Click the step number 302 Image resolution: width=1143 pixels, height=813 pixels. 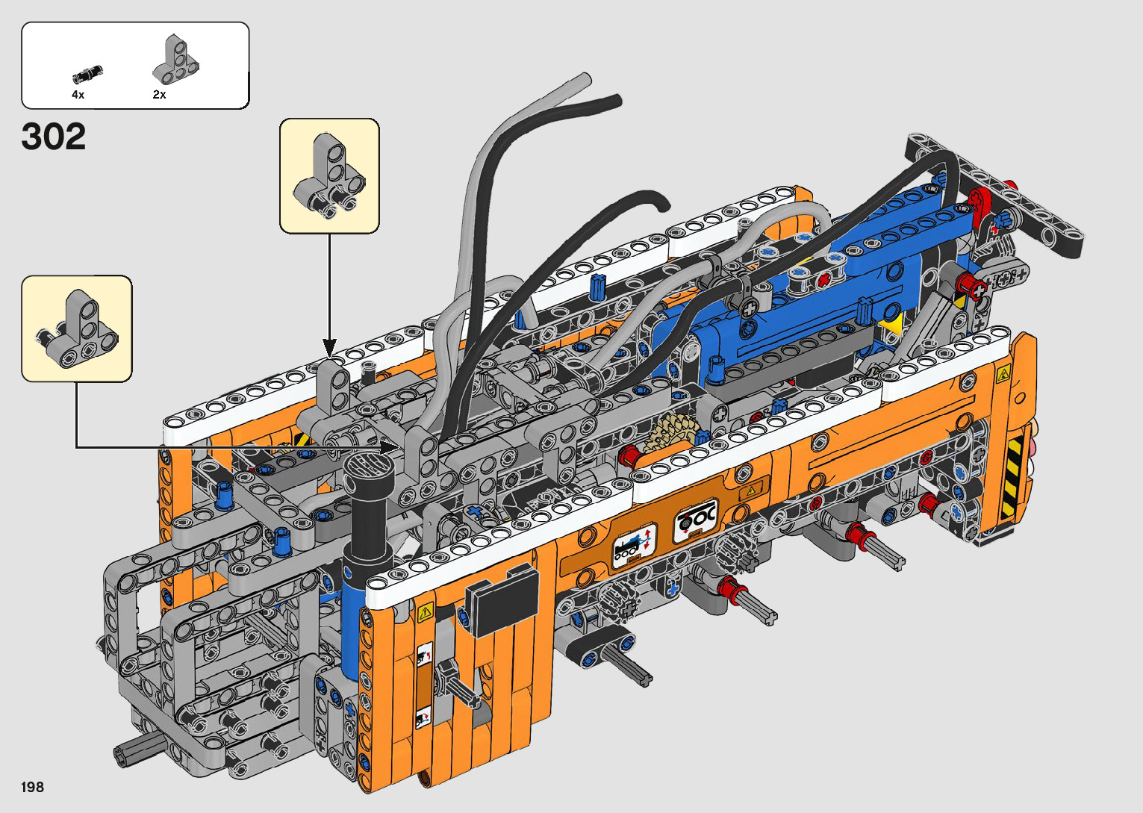(54, 137)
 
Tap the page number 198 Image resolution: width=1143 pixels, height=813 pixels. (33, 787)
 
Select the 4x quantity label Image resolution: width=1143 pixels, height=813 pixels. (78, 94)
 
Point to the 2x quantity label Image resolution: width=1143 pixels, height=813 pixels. (159, 94)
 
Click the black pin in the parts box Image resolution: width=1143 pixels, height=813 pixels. (87, 74)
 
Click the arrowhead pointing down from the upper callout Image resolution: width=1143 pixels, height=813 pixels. (329, 348)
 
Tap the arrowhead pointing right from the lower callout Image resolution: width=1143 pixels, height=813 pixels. (390, 448)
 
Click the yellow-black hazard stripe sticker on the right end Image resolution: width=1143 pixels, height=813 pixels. (1012, 477)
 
